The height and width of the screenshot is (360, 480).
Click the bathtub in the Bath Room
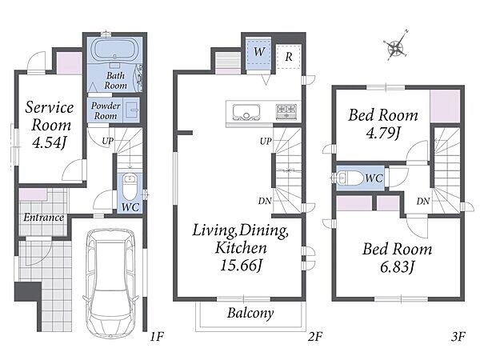[114, 50]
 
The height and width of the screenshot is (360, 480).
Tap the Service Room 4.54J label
[50, 125]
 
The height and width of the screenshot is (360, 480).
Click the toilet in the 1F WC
[130, 186]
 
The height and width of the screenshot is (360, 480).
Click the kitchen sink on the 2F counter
[246, 112]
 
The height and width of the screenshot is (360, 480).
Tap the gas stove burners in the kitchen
[286, 111]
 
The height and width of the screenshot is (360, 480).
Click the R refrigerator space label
[288, 57]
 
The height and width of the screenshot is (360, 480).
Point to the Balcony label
[250, 313]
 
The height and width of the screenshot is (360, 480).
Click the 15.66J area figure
[242, 266]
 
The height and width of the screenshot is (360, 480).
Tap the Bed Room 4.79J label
[383, 124]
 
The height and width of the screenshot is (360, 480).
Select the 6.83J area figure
[397, 267]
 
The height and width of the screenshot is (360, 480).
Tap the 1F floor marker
[157, 337]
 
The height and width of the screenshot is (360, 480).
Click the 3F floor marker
[458, 337]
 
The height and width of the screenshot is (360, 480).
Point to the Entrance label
[43, 218]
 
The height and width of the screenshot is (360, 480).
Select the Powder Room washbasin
[132, 110]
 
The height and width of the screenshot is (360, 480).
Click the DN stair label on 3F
[423, 201]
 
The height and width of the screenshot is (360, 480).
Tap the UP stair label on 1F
[108, 141]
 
